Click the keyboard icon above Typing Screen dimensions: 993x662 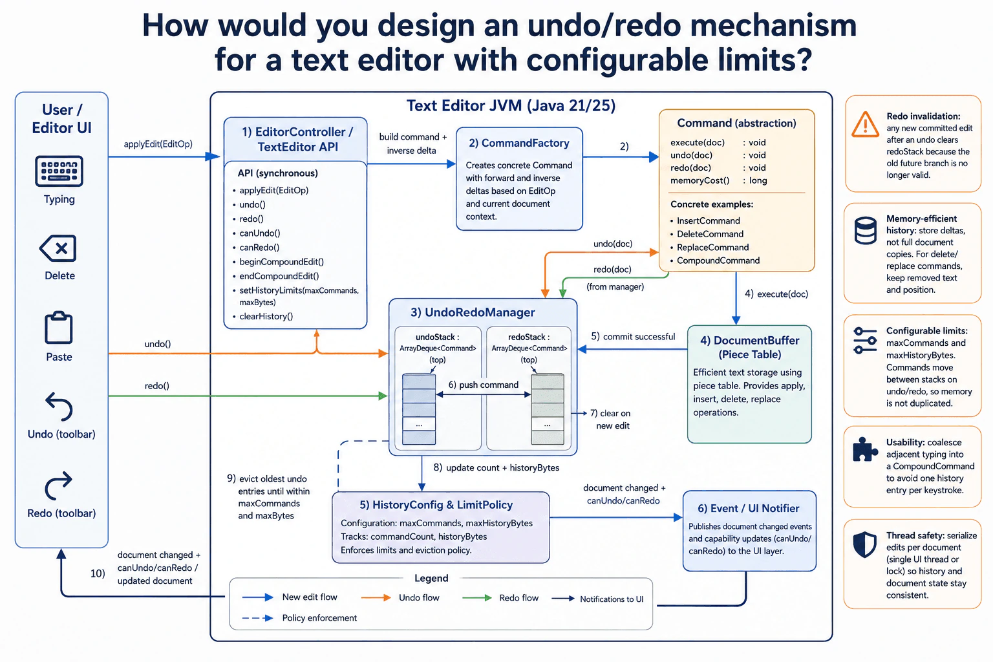(59, 171)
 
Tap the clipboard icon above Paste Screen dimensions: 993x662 (59, 328)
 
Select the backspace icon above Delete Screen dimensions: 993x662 (58, 248)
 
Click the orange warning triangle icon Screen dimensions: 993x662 (865, 124)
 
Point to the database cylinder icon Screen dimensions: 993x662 (865, 231)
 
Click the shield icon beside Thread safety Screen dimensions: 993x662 (864, 544)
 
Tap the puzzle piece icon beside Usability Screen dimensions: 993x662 (864, 449)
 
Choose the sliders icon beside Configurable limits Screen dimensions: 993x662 (865, 341)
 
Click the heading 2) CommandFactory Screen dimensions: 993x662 (519, 143)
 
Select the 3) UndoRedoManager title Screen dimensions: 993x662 (473, 312)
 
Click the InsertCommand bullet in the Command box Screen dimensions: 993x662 (708, 221)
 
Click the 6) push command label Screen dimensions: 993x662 (483, 385)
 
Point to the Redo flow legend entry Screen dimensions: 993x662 (500, 598)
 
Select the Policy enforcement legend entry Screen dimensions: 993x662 (300, 617)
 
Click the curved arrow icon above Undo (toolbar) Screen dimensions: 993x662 (59, 406)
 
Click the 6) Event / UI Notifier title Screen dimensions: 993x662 (748, 508)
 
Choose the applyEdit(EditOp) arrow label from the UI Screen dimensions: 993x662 (158, 144)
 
